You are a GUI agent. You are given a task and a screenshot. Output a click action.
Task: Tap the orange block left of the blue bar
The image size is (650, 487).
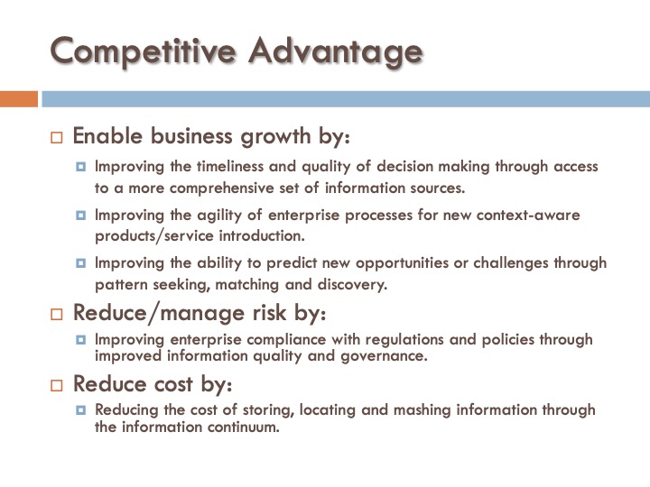[19, 98]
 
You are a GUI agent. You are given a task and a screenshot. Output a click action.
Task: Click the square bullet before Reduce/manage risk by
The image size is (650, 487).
[56, 314]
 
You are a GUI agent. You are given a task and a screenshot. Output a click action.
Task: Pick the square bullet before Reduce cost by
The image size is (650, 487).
[56, 384]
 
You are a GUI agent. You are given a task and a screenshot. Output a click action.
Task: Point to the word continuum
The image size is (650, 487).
[244, 427]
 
